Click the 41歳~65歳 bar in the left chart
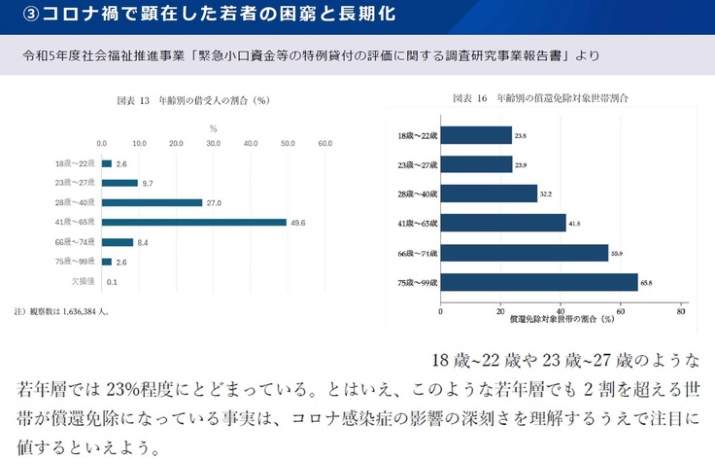click(x=193, y=222)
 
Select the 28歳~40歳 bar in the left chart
click(x=152, y=202)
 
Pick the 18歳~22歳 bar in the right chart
click(x=476, y=135)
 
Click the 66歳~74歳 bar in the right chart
click(x=524, y=253)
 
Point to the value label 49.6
click(x=298, y=223)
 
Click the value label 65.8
click(x=645, y=282)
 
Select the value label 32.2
click(x=545, y=194)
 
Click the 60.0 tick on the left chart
click(x=325, y=143)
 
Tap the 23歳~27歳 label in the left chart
click(x=76, y=183)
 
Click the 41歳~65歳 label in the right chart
click(x=418, y=224)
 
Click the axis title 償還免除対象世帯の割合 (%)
click(x=562, y=318)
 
